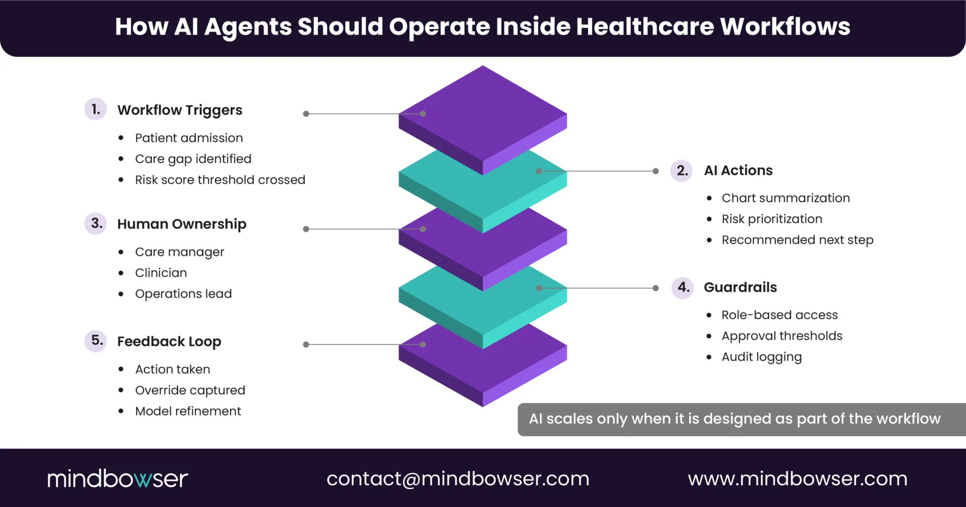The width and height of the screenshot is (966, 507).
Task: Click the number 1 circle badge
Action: (x=96, y=109)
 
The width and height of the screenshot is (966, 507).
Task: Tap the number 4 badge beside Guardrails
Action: (x=683, y=288)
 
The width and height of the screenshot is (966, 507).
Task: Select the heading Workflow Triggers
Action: (x=180, y=110)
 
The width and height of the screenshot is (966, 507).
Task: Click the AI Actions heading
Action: (x=738, y=171)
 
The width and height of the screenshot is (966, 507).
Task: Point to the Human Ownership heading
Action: (x=182, y=224)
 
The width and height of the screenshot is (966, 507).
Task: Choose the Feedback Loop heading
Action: (x=169, y=342)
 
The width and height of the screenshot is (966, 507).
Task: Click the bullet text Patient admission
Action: (x=189, y=138)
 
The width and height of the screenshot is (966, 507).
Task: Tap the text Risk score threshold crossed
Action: (x=220, y=180)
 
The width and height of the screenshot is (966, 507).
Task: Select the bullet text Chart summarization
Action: (x=785, y=198)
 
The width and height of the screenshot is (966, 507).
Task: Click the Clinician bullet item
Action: (x=161, y=273)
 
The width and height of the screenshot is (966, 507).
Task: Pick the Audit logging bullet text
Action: (x=762, y=357)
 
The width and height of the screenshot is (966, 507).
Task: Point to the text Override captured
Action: (x=190, y=390)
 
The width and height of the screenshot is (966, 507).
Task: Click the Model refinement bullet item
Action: (x=188, y=411)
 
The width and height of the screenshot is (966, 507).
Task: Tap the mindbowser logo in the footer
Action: (x=118, y=479)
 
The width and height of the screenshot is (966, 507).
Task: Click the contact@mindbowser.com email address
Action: (x=458, y=479)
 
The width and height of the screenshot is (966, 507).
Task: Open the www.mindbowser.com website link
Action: (x=797, y=479)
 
